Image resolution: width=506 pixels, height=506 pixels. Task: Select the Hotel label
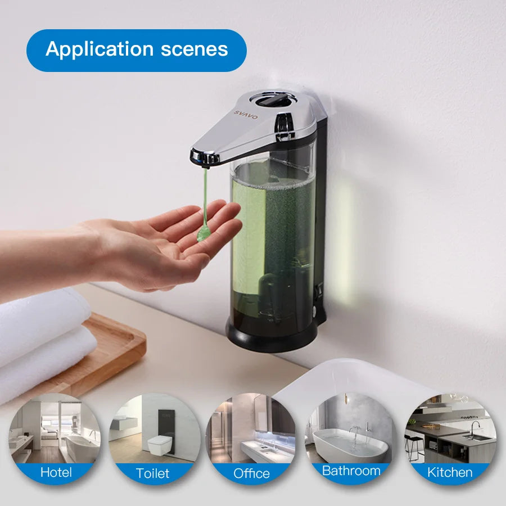56,472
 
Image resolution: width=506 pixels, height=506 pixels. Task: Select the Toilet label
152,473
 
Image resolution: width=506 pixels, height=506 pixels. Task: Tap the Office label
251,473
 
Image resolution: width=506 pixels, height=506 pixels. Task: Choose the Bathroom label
351,471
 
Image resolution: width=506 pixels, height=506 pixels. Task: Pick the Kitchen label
450,472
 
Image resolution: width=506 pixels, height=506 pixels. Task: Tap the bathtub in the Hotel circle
79,447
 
